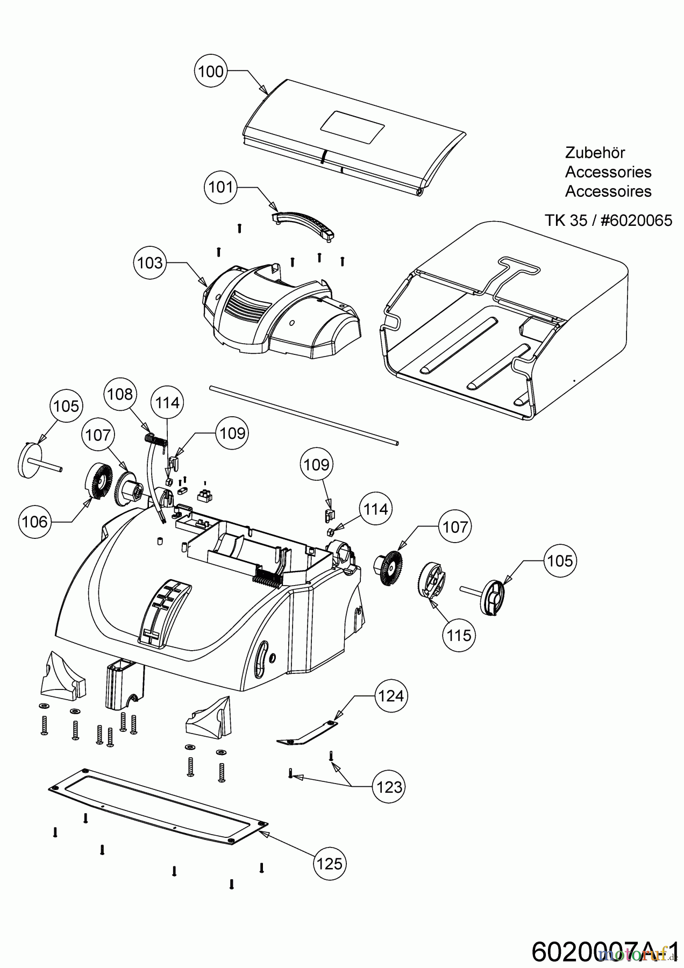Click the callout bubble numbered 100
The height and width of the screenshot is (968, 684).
[211, 71]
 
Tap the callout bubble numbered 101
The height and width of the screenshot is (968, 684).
[221, 187]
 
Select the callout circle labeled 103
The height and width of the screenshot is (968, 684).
[149, 262]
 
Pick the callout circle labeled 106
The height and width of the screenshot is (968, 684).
[35, 521]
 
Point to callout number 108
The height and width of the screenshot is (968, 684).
[119, 394]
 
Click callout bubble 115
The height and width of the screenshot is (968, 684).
[459, 635]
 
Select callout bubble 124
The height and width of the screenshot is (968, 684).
[390, 696]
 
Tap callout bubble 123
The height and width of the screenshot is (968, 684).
[389, 787]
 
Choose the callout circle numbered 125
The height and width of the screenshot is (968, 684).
[329, 863]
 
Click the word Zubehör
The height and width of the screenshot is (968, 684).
[595, 153]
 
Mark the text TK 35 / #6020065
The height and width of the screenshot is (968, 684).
[608, 220]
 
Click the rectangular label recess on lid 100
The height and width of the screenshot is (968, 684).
[353, 127]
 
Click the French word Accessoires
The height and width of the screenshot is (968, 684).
[608, 191]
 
